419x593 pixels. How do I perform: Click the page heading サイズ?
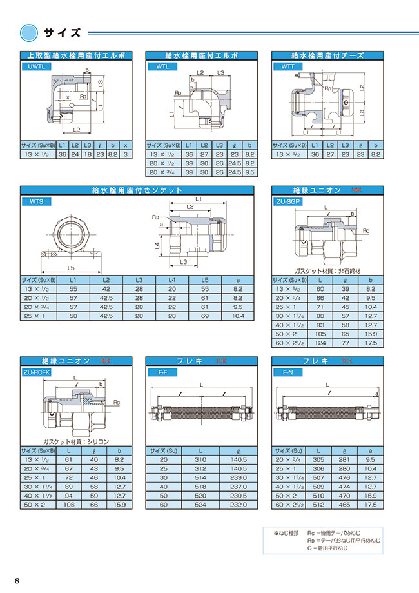62,32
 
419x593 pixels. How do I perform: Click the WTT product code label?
287,66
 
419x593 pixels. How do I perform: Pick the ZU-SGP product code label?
289,201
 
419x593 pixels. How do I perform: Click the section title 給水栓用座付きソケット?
138,190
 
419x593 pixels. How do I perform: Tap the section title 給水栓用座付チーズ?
327,55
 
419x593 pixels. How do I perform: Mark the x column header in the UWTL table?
126,146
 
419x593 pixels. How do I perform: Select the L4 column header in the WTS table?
171,281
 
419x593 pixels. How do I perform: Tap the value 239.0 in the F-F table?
237,477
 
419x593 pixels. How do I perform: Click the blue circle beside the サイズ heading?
30,32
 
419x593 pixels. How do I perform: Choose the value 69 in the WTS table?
204,317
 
